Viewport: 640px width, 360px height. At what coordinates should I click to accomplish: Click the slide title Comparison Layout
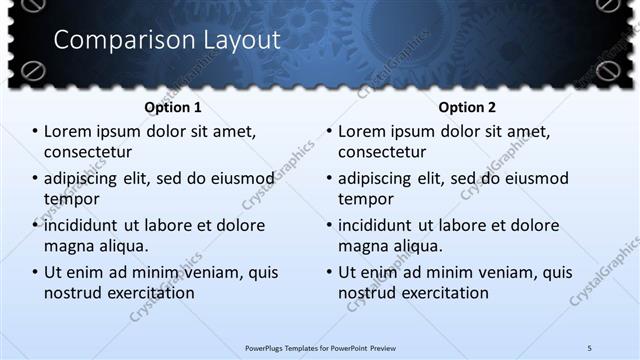click(x=166, y=40)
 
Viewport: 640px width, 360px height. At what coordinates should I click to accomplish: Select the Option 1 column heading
click(x=173, y=106)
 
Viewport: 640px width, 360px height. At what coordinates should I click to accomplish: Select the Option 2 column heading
click(x=467, y=106)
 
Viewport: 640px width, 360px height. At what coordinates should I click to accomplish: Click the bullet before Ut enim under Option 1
click(x=35, y=272)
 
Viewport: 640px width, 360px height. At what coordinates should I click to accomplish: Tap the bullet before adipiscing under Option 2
click(x=329, y=178)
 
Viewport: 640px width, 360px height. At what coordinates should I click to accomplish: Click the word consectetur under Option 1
click(x=88, y=152)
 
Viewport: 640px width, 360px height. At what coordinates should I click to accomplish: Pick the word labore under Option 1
click(x=184, y=225)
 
